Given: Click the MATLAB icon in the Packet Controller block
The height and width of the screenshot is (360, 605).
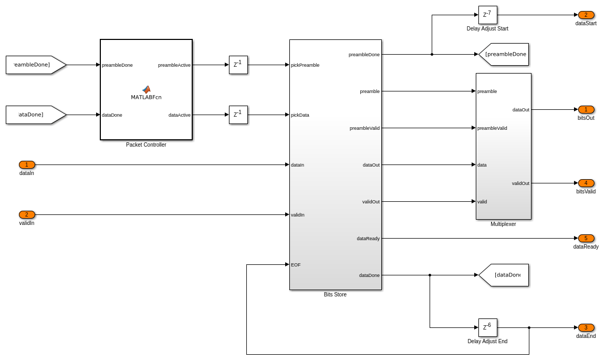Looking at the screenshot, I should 146,90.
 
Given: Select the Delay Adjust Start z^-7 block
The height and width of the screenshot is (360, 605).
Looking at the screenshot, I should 487,15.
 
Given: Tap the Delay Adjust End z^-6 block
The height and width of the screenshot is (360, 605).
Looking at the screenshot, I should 487,327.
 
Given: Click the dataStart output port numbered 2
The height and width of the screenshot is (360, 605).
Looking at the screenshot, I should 586,15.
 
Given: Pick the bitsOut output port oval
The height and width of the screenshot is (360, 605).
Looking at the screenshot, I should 586,110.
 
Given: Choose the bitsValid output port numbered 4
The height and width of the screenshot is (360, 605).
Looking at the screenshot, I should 586,183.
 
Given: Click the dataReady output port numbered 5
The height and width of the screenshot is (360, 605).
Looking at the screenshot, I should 586,239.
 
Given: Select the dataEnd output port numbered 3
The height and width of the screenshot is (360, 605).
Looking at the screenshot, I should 586,328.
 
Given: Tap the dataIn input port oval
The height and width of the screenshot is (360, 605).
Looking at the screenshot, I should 27,165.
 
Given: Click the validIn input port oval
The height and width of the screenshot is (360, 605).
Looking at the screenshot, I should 27,215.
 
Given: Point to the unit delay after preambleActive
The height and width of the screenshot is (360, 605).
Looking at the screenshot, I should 238,65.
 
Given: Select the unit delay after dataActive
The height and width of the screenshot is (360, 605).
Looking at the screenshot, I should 238,115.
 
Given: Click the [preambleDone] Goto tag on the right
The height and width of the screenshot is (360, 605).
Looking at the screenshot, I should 504,54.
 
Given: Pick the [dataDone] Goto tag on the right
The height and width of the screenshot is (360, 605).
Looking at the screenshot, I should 504,275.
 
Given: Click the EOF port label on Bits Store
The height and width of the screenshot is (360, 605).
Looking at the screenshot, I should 296,265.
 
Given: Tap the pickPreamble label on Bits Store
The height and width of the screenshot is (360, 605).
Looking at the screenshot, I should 305,65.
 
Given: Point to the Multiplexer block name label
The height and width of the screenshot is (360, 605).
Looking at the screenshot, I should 503,224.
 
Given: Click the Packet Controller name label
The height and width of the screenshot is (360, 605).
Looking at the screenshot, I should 146,145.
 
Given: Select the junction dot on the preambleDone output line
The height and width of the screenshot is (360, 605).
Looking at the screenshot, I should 432,54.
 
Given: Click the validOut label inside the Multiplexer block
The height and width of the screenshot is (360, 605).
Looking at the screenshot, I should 520,183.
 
